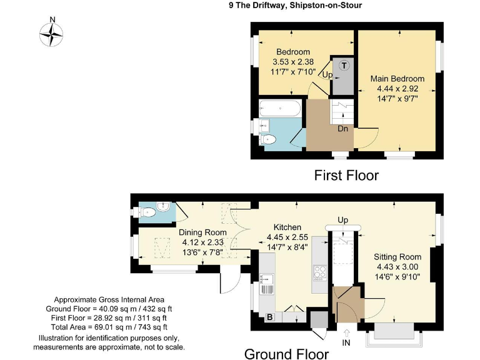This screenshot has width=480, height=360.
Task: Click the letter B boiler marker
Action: (x=270, y=317)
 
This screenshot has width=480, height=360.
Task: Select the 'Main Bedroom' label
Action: (x=397, y=79)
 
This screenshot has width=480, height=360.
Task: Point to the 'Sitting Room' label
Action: (x=397, y=257)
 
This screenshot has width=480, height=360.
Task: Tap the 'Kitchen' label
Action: (x=287, y=227)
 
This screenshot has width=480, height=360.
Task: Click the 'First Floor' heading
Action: (x=346, y=176)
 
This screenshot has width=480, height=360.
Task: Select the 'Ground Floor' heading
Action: (x=286, y=354)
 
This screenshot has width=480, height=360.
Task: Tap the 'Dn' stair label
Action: (x=342, y=129)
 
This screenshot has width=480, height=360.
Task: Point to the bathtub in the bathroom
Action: (x=279, y=109)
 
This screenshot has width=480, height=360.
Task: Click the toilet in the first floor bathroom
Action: (x=267, y=139)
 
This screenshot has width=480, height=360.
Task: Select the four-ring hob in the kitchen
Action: (x=321, y=272)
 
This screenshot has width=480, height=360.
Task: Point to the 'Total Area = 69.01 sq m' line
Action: (x=109, y=327)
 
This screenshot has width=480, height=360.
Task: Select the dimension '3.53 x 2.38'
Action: (x=292, y=62)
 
